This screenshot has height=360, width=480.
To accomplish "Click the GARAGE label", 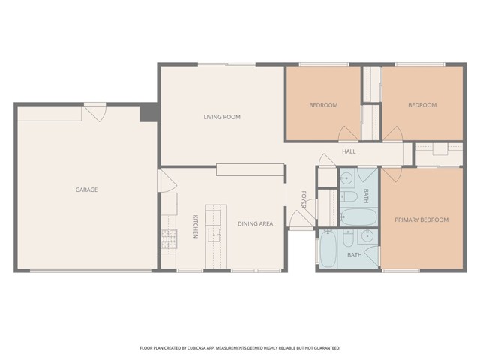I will click(86, 190).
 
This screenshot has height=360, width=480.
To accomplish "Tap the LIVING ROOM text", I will click(222, 117).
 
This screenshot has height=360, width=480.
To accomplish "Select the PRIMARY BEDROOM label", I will click(421, 220).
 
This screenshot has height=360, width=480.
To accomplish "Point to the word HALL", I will click(349, 152).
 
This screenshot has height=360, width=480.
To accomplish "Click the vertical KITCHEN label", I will click(195, 226).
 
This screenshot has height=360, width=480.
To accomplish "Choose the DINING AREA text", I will click(255, 223).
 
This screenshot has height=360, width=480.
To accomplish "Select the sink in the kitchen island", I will click(215, 235).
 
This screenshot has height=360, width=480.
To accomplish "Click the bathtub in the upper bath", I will click(358, 217).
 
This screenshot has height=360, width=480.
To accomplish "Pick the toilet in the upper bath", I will click(348, 197).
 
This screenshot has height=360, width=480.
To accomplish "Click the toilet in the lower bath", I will click(348, 239).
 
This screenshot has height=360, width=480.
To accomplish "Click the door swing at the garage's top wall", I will click(94, 114).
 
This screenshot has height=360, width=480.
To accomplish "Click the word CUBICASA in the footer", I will click(199, 348).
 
